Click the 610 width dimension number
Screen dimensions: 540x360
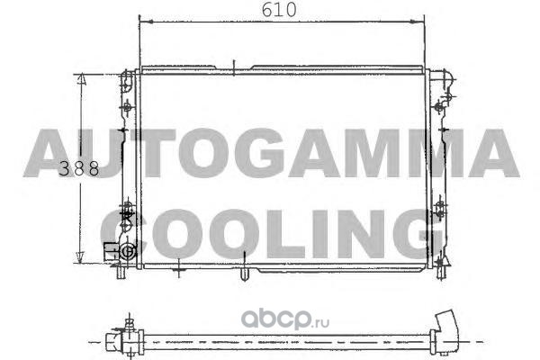[x=279, y=10]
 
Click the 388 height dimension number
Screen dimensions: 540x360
[x=79, y=169]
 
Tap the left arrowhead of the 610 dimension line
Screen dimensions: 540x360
[x=146, y=22]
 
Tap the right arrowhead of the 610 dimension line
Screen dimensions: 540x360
[x=417, y=22]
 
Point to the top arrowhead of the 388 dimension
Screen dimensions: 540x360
[x=81, y=79]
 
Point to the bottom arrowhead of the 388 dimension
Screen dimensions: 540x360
[x=80, y=257]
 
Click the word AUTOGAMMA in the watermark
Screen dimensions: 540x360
[x=272, y=153]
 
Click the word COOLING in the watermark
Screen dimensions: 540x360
[x=272, y=234]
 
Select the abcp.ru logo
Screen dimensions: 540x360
[x=285, y=319]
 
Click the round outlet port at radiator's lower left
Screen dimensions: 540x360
[x=127, y=252]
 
